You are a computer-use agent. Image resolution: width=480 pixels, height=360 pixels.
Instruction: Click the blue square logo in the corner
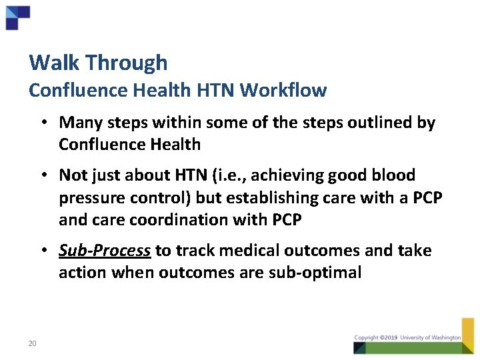click(x=17, y=17)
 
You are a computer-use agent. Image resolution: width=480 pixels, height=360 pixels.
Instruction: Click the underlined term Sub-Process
click(x=104, y=251)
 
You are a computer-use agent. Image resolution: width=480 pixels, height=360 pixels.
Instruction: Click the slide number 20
click(x=32, y=343)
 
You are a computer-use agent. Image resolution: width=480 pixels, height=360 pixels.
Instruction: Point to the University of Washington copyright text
click(x=407, y=338)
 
